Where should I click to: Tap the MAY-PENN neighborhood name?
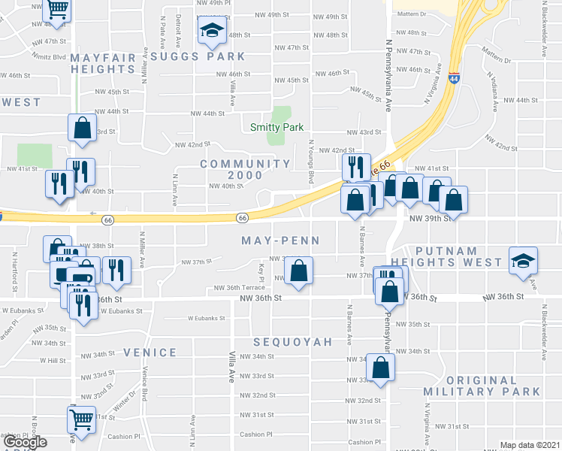tap(280, 241)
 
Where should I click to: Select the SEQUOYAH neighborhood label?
tap(292, 342)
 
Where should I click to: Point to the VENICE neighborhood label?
tap(150, 352)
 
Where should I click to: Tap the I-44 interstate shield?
tap(454, 77)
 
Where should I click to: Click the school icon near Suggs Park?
tap(211, 32)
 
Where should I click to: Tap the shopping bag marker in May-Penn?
tap(299, 271)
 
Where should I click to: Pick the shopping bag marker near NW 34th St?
tap(381, 367)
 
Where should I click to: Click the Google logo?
tap(25, 442)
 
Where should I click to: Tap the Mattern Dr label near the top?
tap(412, 14)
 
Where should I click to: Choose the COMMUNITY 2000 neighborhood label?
tap(245, 169)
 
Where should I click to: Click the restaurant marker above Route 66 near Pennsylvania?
tap(355, 167)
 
